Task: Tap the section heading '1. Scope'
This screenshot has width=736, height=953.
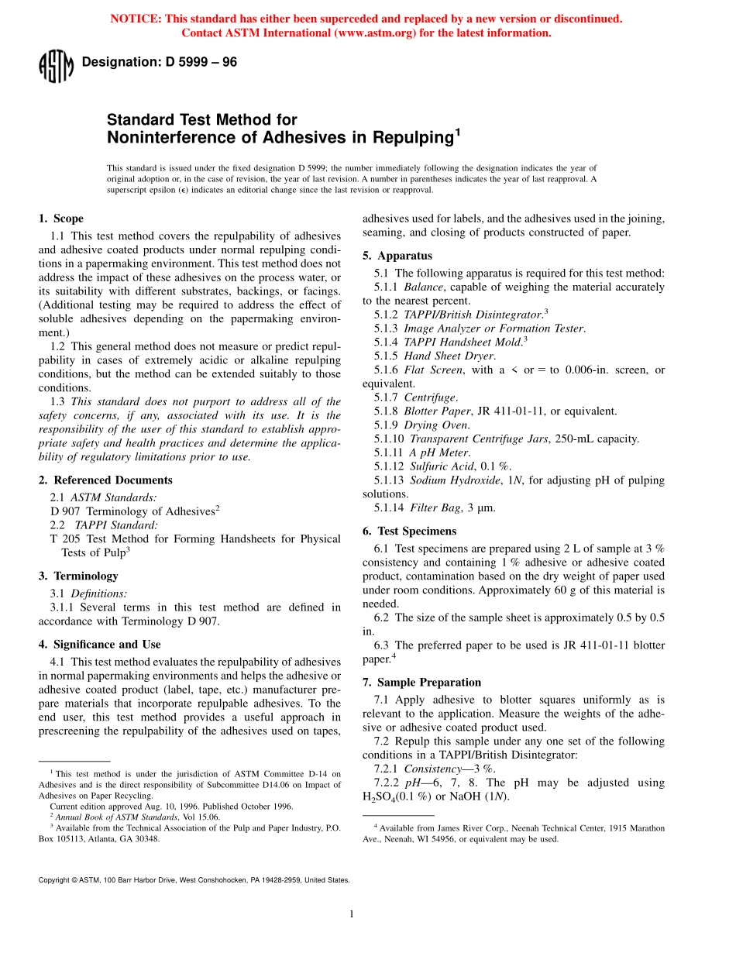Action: (x=61, y=218)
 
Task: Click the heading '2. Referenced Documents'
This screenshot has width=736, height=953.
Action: (x=105, y=480)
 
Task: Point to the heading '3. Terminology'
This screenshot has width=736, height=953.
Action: (x=78, y=576)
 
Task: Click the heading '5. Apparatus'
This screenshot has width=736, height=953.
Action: (x=397, y=256)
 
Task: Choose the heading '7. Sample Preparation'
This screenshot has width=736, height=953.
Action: (x=421, y=682)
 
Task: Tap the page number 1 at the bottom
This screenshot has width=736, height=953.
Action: (x=351, y=914)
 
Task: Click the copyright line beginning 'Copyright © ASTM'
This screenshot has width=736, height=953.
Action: (x=194, y=879)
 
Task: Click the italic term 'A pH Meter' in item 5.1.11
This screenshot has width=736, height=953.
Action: (x=439, y=452)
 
